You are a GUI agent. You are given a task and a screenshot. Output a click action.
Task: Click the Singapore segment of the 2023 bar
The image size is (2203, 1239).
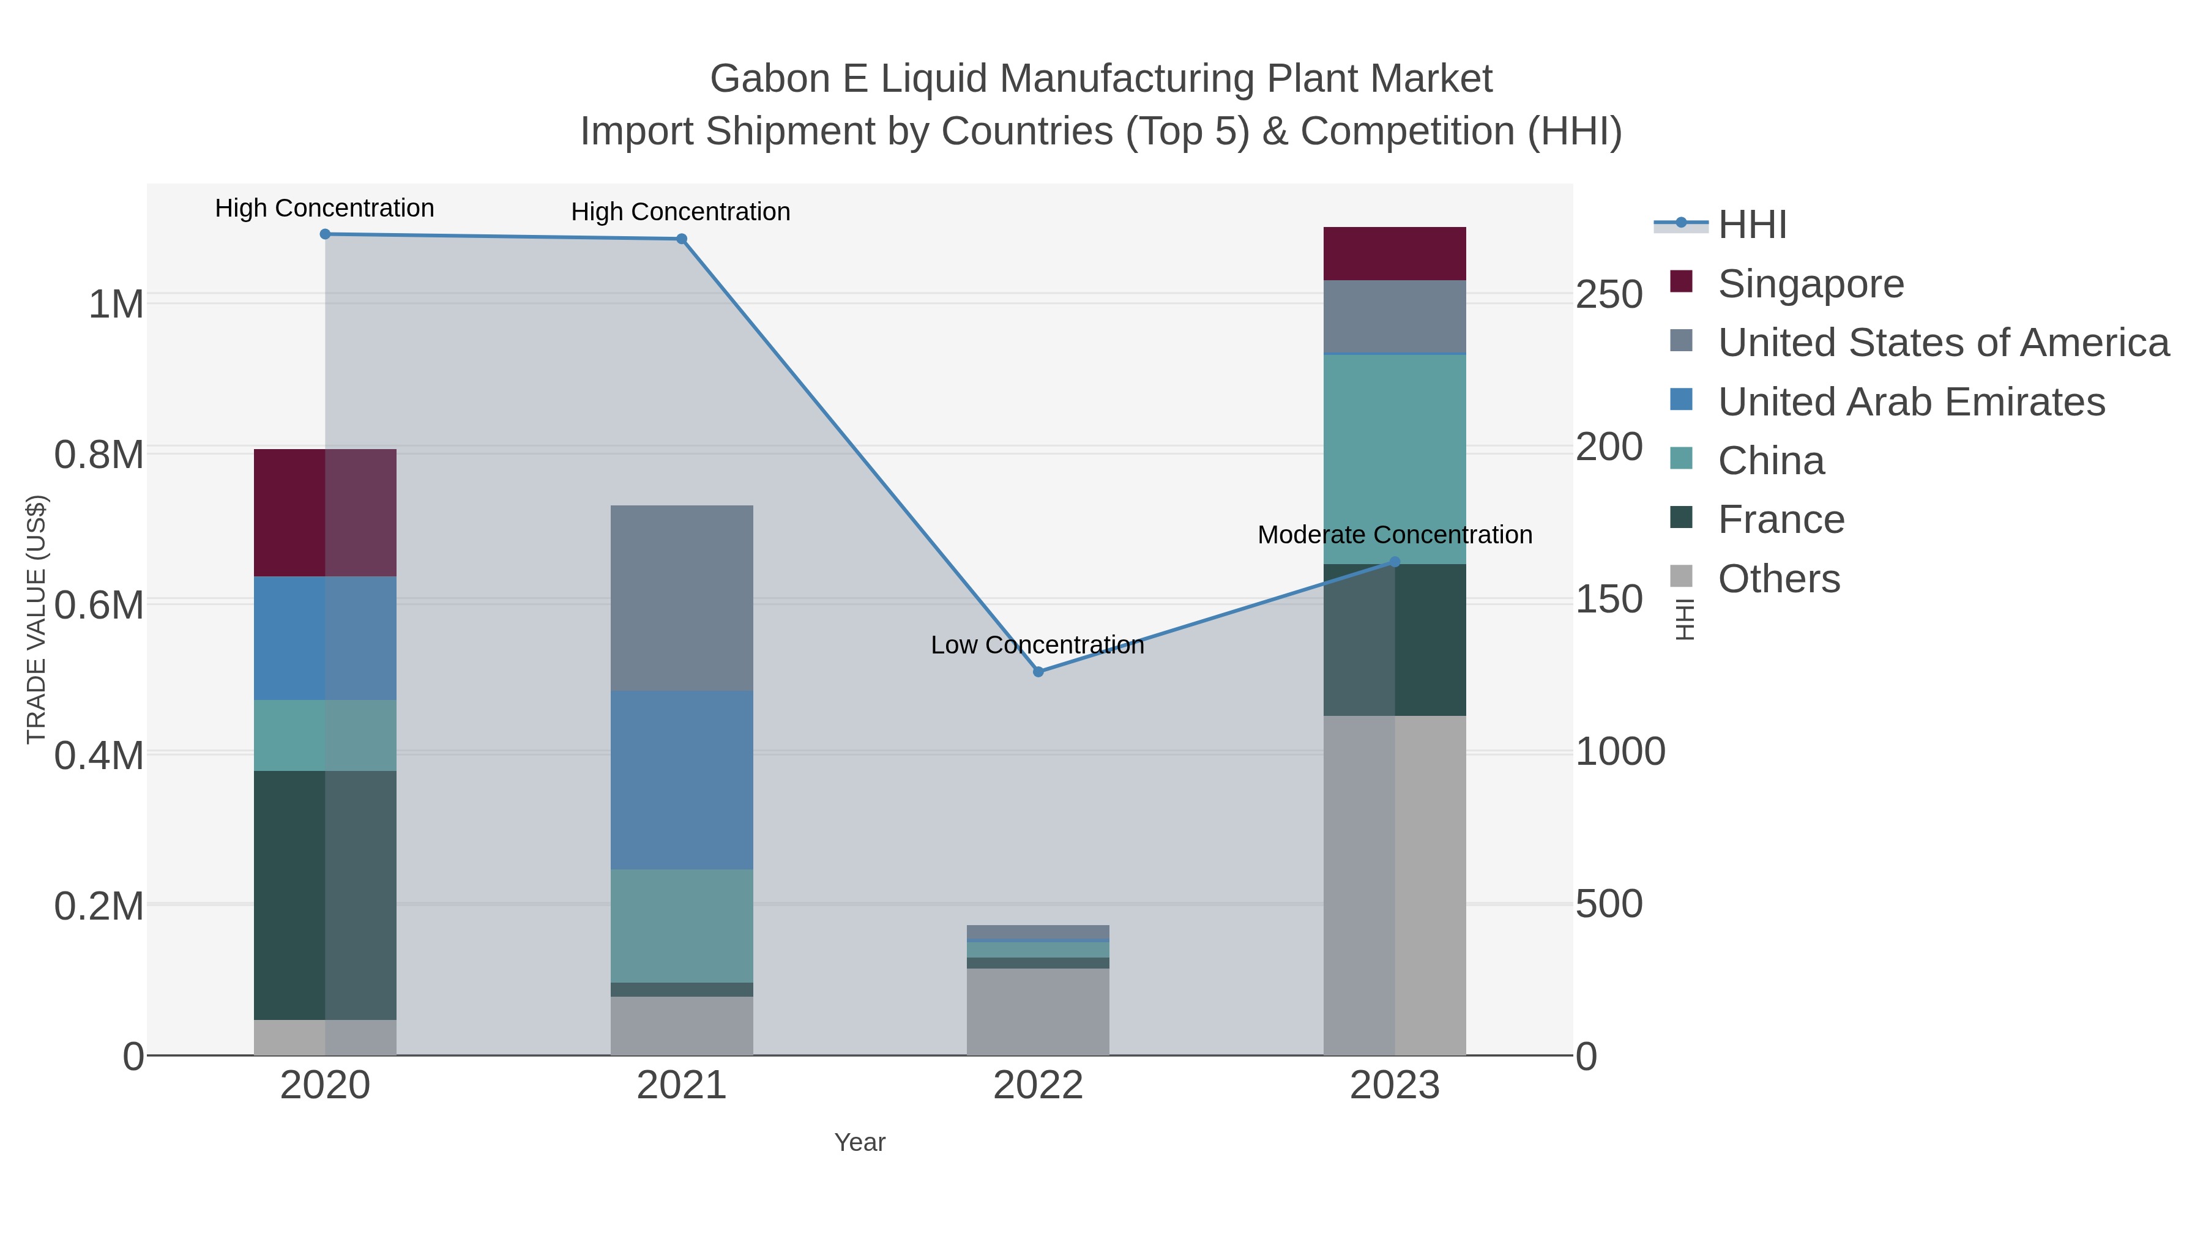point(1394,254)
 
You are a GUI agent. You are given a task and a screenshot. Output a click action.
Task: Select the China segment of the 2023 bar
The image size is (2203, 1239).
point(1394,459)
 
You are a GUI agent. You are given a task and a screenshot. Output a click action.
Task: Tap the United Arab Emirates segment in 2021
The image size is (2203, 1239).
point(682,780)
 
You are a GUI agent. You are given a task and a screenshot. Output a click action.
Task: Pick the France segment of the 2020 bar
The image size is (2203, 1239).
point(325,895)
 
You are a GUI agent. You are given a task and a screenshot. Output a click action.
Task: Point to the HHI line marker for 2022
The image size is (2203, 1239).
point(1038,672)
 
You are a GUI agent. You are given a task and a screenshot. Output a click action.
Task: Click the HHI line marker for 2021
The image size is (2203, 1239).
point(682,239)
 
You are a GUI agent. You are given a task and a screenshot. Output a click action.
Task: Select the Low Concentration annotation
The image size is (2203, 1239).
point(1037,645)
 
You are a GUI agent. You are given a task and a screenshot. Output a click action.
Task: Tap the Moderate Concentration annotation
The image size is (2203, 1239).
point(1394,535)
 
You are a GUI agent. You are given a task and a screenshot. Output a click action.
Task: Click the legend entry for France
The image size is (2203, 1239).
point(1781,520)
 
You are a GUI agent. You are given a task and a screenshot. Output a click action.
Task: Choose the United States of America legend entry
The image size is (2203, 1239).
point(1942,343)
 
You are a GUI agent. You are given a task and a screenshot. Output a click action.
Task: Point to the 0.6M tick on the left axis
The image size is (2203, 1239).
point(99,605)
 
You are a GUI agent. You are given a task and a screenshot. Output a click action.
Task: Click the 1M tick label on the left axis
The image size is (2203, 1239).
point(116,305)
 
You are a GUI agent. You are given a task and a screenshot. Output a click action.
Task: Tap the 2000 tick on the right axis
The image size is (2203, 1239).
point(1609,447)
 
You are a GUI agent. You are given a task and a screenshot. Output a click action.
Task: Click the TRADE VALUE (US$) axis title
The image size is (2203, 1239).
point(36,619)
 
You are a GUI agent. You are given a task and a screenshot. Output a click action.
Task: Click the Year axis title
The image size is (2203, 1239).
point(860,1142)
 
